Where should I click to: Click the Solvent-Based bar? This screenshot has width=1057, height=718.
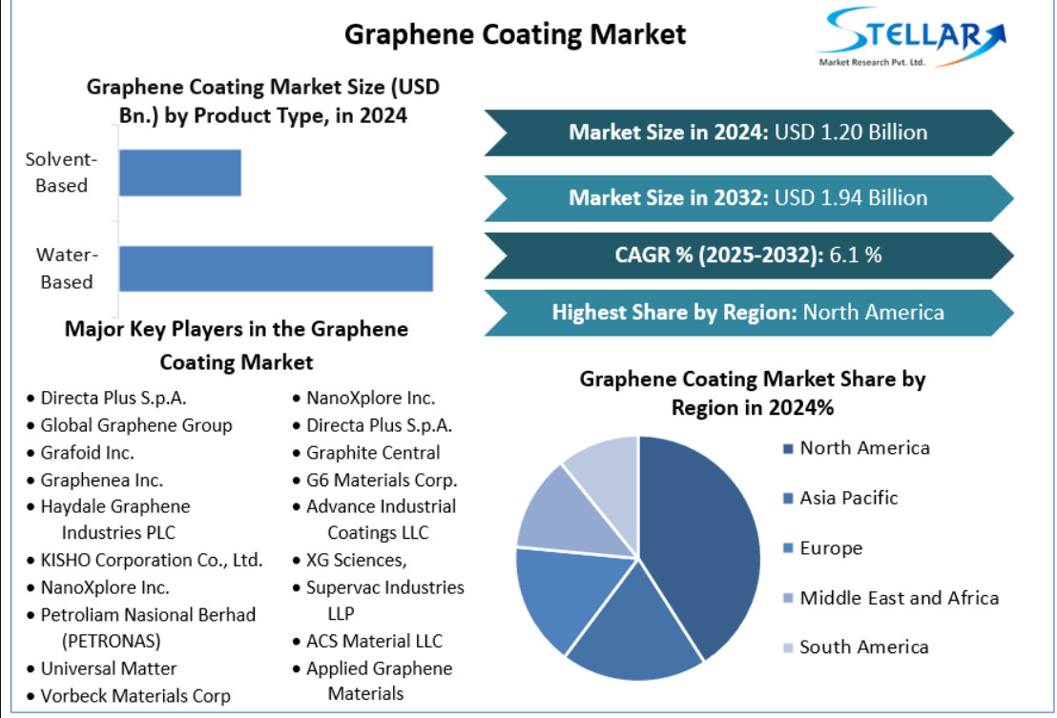(180, 173)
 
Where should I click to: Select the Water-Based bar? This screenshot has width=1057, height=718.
(276, 268)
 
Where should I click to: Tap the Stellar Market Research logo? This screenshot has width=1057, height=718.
(911, 38)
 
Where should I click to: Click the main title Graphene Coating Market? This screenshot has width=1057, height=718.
(515, 34)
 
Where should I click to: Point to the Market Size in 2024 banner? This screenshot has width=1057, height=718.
(749, 133)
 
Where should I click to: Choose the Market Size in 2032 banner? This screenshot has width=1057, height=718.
(749, 198)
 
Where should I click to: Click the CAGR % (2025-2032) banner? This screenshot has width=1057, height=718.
(749, 256)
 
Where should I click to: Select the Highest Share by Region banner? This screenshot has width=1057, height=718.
(749, 313)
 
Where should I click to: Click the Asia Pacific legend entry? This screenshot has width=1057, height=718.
(840, 498)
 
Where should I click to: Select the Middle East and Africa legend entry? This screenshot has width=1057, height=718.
(890, 598)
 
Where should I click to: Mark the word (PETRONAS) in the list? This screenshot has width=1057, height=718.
(112, 641)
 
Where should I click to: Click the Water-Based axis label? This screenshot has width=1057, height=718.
(67, 268)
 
